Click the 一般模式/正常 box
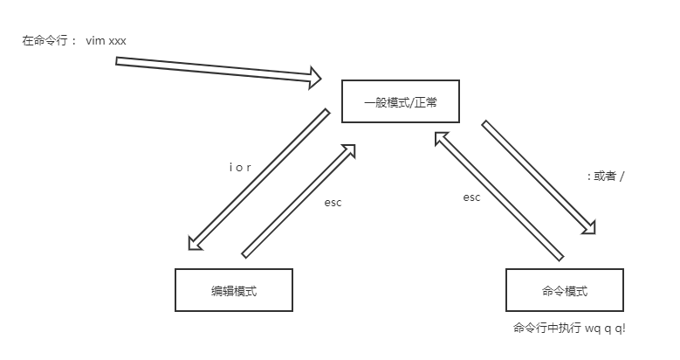pyautogui.click(x=400, y=102)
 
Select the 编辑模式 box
pyautogui.click(x=233, y=290)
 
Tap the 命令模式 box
pyautogui.click(x=565, y=290)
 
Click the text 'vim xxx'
pyautogui.click(x=107, y=41)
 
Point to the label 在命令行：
pyautogui.click(x=50, y=41)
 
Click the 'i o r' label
pyautogui.click(x=240, y=167)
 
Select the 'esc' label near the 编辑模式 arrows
pyautogui.click(x=333, y=203)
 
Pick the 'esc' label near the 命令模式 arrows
pyautogui.click(x=471, y=197)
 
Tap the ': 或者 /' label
pyautogui.click(x=606, y=176)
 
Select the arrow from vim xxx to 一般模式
pyautogui.click(x=218, y=71)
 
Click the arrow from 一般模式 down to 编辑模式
pyautogui.click(x=258, y=179)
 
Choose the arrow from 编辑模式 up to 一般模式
pyautogui.click(x=300, y=200)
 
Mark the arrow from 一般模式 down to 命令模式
pyautogui.click(x=539, y=177)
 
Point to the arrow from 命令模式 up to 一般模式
pyautogui.click(x=498, y=194)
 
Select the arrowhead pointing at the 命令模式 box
pyautogui.click(x=591, y=228)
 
